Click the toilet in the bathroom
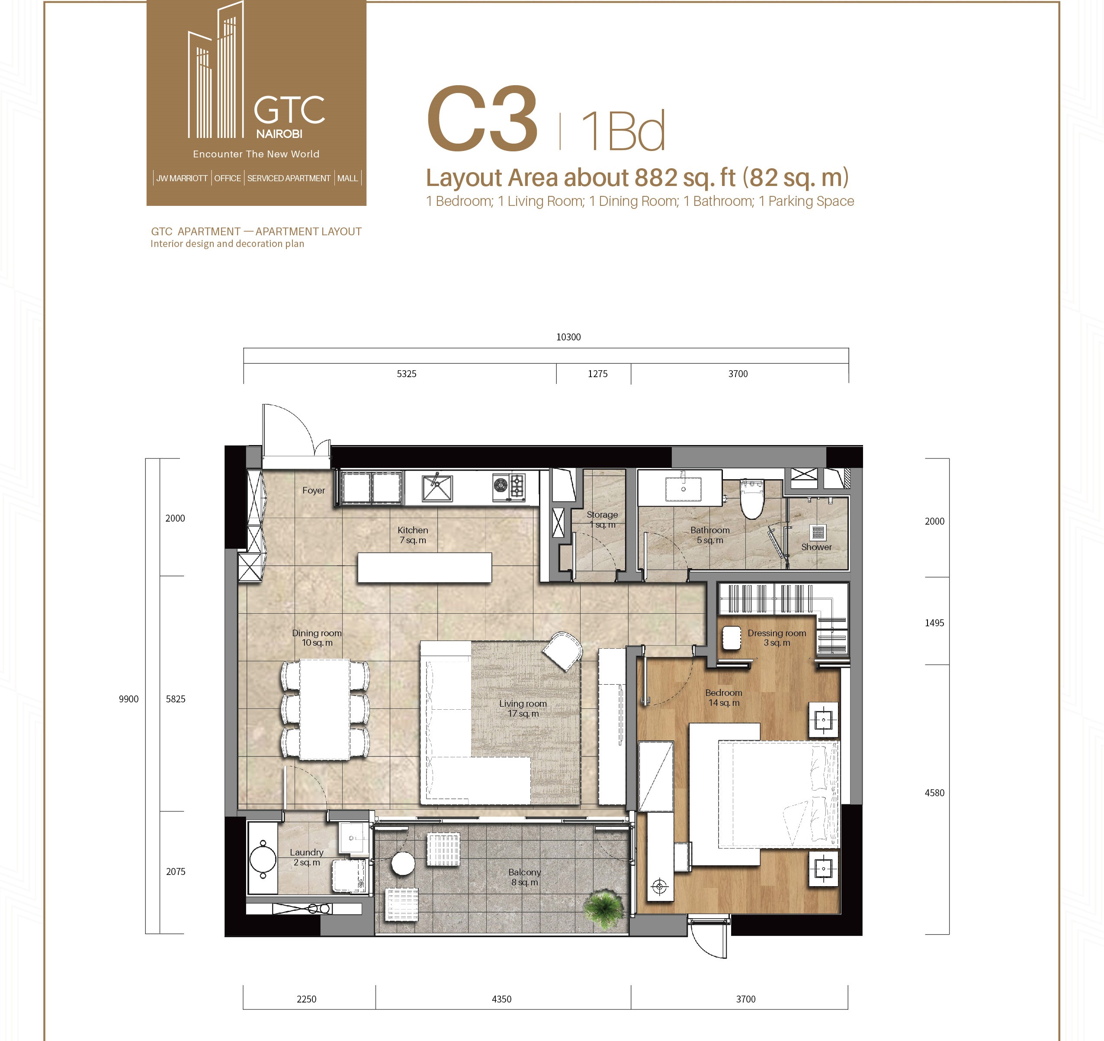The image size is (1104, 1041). tap(752, 499)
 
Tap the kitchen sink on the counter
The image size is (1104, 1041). tap(437, 487)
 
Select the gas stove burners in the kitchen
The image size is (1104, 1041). tap(509, 486)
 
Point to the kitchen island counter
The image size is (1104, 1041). tap(424, 567)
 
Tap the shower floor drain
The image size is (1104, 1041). tap(818, 532)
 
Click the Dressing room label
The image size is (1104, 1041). tap(777, 638)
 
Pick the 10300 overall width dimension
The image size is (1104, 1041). tap(568, 337)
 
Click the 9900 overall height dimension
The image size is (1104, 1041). tap(128, 699)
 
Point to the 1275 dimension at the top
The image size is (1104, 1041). tap(597, 374)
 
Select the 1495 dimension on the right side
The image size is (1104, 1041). tap(934, 623)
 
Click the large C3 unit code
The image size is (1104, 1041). tap(482, 119)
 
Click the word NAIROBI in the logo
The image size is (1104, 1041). tap(279, 134)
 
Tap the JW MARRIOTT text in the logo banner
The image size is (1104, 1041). tap(182, 178)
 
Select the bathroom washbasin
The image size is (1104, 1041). tap(680, 487)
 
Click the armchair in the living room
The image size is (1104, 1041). tap(562, 652)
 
